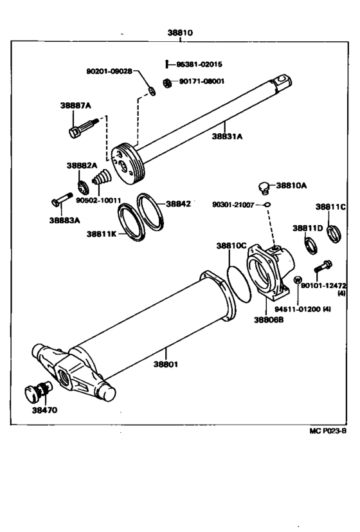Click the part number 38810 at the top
click(x=179, y=32)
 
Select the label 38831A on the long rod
click(x=228, y=136)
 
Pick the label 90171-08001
click(x=201, y=82)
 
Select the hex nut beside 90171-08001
click(x=167, y=83)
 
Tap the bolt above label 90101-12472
click(x=322, y=265)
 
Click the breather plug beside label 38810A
click(x=263, y=187)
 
